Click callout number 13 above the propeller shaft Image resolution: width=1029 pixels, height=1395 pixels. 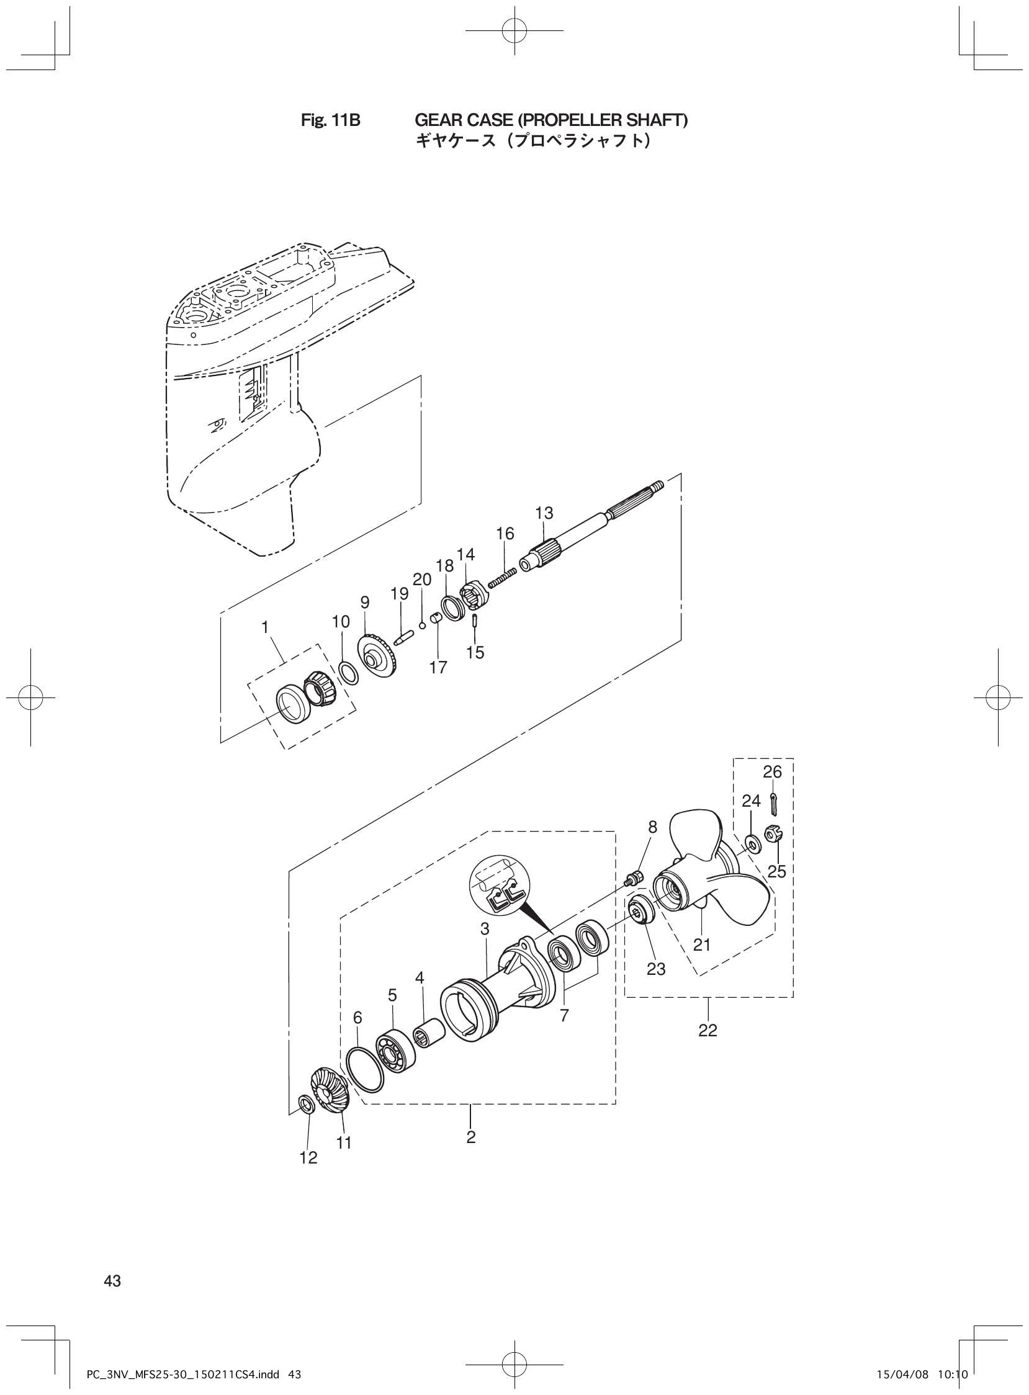pos(544,513)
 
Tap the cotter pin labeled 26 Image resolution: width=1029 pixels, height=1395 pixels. pos(773,804)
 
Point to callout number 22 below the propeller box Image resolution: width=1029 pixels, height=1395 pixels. pos(708,1030)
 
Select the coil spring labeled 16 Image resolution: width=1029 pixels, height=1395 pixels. pos(503,575)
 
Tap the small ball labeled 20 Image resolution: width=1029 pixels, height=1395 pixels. pos(422,624)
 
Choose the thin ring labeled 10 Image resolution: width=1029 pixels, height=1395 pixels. pos(348,673)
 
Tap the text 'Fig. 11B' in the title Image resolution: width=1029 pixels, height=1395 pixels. pos(330,120)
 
